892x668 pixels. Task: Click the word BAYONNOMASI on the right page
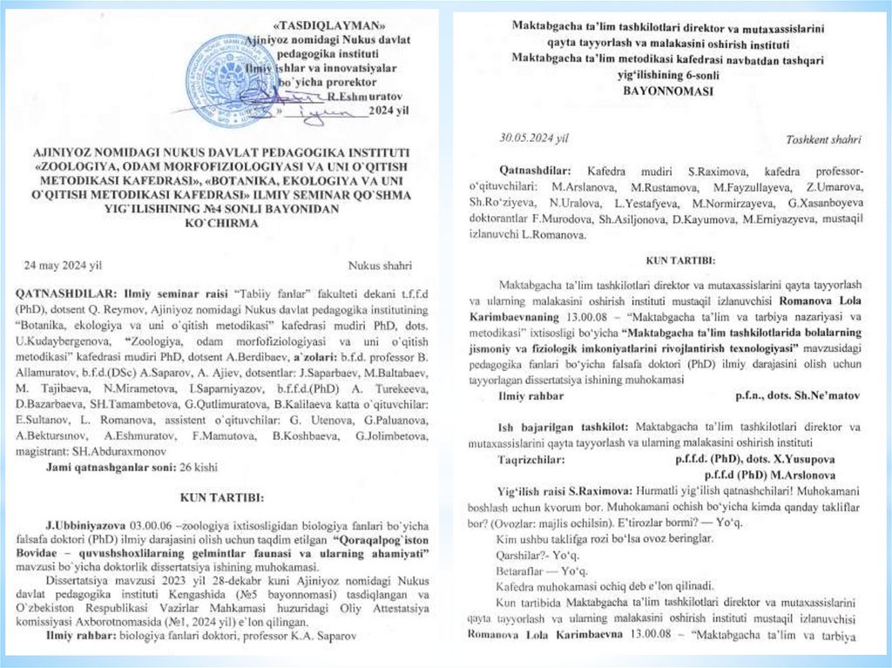(667, 88)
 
